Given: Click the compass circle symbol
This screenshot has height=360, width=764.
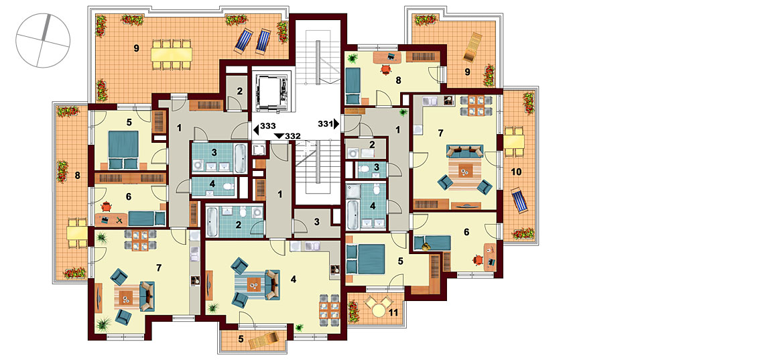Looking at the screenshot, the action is click(43, 41).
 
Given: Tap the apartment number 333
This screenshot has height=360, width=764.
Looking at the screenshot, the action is click(267, 125).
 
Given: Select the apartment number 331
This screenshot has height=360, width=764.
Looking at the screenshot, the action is click(326, 124).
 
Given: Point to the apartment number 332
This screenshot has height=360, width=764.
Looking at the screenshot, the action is click(292, 136).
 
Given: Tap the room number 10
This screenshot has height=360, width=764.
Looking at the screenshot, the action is click(516, 172).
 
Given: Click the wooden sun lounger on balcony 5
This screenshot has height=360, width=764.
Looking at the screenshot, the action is click(265, 341).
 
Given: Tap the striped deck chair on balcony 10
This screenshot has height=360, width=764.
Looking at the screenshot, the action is click(520, 200).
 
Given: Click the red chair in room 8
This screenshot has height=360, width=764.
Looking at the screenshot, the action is click(386, 70).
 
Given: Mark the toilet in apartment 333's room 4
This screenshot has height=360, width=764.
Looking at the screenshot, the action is click(227, 186).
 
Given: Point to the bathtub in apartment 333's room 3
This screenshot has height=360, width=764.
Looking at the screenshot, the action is click(240, 158).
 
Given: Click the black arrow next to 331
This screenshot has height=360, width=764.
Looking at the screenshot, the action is click(336, 124).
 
